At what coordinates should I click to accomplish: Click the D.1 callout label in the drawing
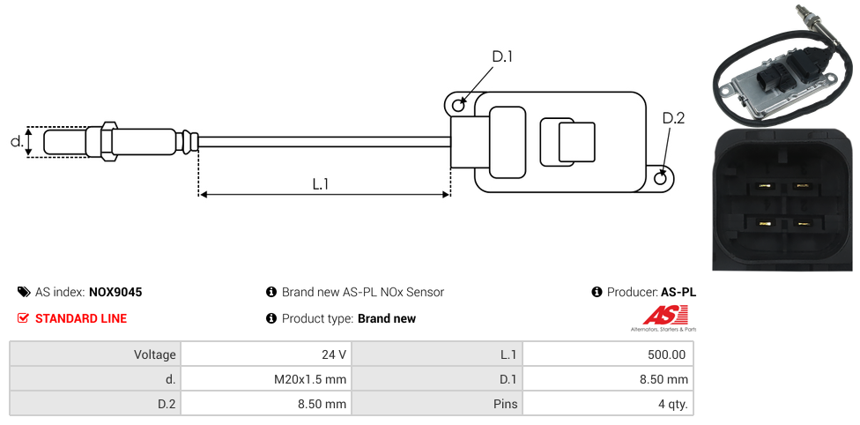coord(501,57)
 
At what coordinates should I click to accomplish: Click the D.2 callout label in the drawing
coord(673,118)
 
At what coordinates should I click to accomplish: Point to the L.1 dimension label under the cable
coord(321,184)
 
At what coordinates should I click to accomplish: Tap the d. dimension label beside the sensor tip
coord(16,141)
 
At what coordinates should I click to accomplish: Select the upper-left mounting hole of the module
coord(458,106)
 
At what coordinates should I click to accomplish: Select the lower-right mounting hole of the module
coord(662,178)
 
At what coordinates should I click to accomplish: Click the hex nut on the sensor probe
coord(108,141)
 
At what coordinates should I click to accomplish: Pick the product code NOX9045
coord(115,292)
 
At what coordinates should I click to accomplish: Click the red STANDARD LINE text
coord(80,318)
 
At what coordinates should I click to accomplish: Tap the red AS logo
coord(663,315)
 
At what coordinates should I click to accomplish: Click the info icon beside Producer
coord(597,292)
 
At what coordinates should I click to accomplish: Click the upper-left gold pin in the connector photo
coord(764,186)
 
